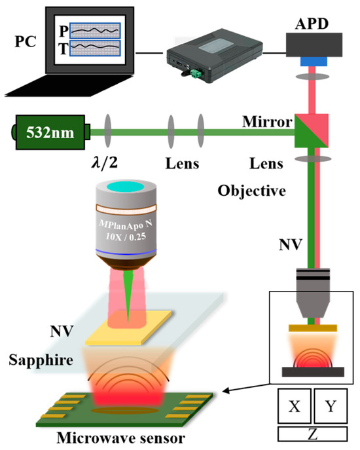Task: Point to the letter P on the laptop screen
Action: pyautogui.click(x=62, y=31)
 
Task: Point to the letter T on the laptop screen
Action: pyautogui.click(x=62, y=48)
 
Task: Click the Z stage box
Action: pyautogui.click(x=313, y=434)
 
